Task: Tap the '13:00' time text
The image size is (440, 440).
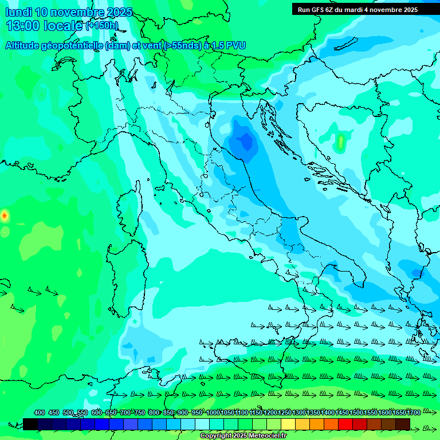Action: coord(23,26)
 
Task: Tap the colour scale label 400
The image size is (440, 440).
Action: coord(40,412)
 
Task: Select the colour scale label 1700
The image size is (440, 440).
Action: coord(414,412)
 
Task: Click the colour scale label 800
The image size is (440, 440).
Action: coord(154,412)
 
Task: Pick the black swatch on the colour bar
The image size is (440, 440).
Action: coord(30,424)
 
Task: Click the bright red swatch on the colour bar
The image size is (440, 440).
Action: coord(345,424)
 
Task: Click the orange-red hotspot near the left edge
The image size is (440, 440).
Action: coord(5,215)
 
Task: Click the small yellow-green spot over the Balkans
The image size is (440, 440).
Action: coord(341,140)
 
